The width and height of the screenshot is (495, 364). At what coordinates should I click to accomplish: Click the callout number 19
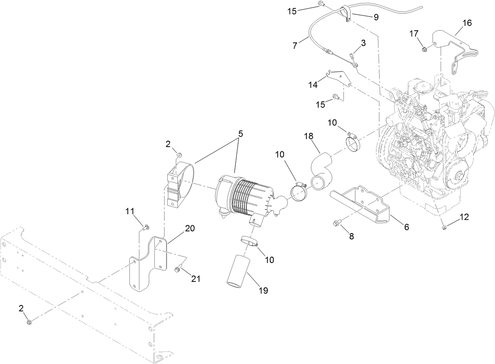263,290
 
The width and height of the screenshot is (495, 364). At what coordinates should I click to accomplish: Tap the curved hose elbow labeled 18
321,171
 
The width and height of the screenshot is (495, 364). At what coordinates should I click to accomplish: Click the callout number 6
406,227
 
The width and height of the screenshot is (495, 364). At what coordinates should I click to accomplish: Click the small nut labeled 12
443,227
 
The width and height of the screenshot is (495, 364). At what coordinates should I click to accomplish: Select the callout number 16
467,23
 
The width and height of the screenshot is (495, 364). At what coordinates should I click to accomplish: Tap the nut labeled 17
425,49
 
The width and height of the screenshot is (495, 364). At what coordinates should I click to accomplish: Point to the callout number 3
363,43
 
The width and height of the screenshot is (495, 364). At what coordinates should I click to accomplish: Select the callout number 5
240,134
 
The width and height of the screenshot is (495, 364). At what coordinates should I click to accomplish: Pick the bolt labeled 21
178,269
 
